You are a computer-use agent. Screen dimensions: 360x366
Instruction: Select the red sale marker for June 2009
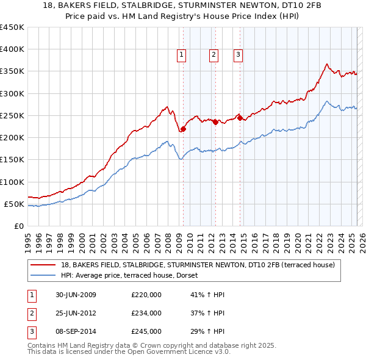click(x=183, y=129)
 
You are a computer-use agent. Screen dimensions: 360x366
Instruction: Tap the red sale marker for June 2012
click(x=215, y=122)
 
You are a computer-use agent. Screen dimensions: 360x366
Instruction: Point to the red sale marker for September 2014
click(x=240, y=117)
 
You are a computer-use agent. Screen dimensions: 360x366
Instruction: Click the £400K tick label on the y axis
click(x=12, y=49)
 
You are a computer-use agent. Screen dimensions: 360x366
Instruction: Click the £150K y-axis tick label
click(x=12, y=160)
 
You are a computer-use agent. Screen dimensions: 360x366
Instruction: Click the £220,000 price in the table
click(x=146, y=295)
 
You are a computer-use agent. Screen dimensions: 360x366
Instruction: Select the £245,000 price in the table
click(x=146, y=331)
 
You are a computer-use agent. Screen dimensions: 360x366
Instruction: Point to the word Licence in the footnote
click(x=201, y=352)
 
